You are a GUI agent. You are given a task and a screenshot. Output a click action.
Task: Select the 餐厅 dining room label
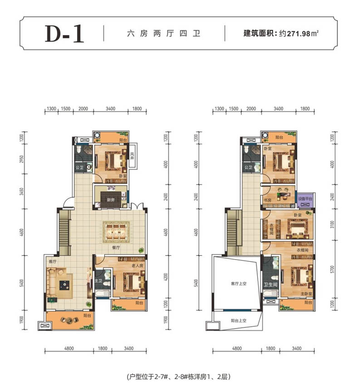click(x=117, y=248)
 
